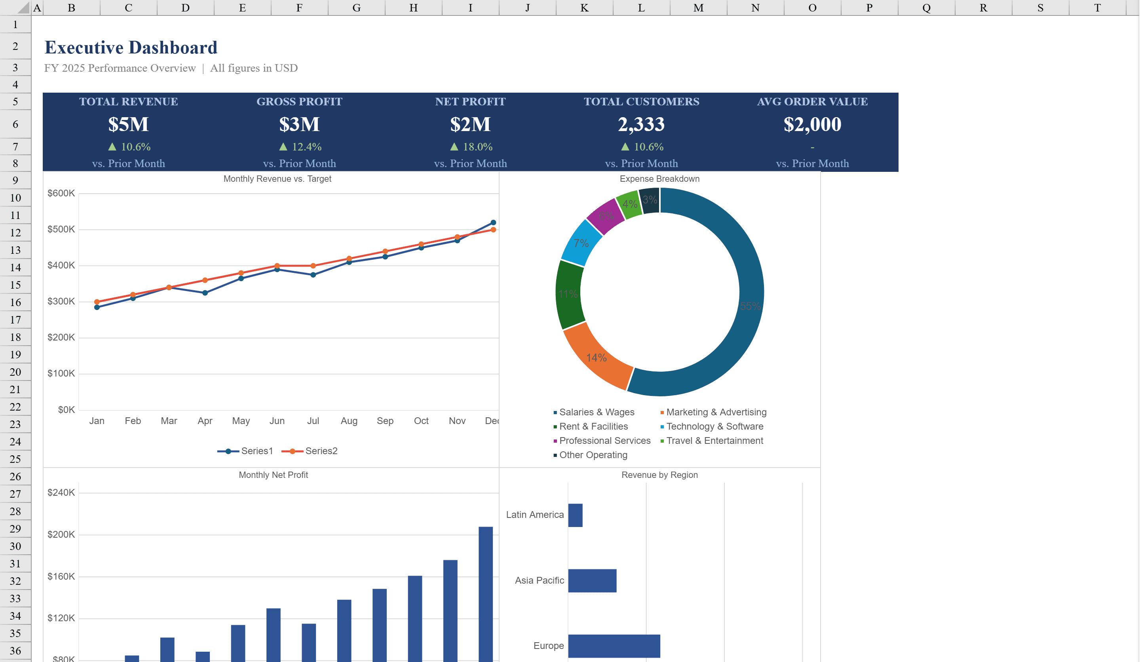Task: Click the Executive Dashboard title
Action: click(131, 48)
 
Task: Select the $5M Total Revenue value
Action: click(129, 124)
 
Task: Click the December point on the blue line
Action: click(493, 223)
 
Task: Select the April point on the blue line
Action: click(205, 293)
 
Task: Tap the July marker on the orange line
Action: click(313, 266)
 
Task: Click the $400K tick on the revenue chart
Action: click(61, 265)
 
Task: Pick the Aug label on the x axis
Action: click(349, 421)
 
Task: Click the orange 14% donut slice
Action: click(597, 358)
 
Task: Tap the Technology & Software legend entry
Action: click(714, 426)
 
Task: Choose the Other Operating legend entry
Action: click(593, 455)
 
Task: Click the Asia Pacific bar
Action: click(592, 580)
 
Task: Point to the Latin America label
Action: click(535, 514)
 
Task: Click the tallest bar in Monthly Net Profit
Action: click(485, 593)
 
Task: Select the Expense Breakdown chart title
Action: click(659, 179)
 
